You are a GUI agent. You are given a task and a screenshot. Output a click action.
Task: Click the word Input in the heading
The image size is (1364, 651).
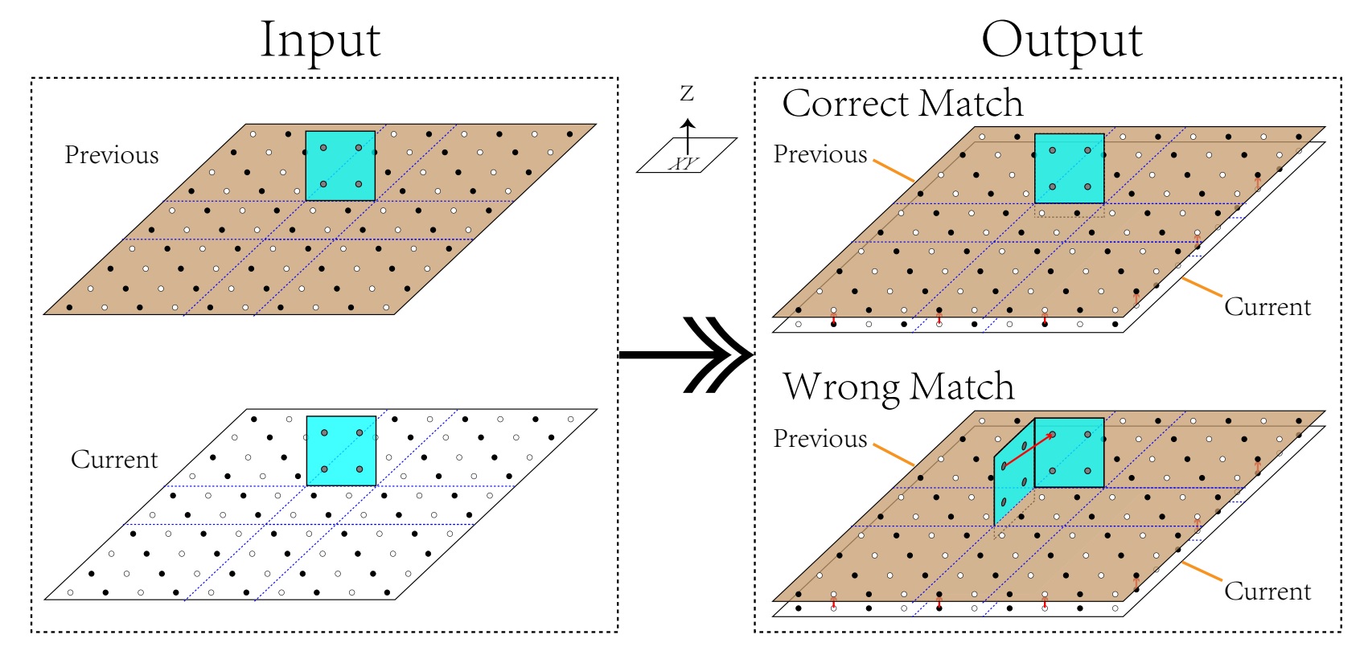[x=320, y=40]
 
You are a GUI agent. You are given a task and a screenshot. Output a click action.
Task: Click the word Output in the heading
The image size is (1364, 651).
[x=1061, y=40]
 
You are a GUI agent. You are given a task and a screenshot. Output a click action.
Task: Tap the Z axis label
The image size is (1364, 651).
[x=687, y=94]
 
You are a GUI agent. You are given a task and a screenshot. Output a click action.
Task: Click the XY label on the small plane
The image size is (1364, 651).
[x=684, y=163]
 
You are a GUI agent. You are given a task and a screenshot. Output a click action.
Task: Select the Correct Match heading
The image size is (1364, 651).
[x=902, y=104]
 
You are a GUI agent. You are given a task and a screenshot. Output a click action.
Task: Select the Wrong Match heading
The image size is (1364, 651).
[x=898, y=387]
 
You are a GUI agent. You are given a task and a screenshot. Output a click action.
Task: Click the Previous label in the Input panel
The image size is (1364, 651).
[x=112, y=155]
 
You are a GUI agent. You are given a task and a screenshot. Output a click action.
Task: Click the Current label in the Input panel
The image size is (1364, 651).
[x=114, y=460]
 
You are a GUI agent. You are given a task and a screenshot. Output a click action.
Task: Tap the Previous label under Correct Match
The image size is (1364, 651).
[x=820, y=154]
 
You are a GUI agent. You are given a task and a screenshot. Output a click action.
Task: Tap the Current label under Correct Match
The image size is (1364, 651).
[x=1267, y=307]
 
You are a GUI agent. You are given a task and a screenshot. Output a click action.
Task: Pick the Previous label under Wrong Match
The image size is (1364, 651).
[x=820, y=439]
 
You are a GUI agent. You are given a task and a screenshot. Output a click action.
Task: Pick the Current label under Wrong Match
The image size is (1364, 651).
[x=1267, y=592]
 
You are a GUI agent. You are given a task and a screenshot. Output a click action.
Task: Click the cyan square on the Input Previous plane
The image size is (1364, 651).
[x=340, y=166]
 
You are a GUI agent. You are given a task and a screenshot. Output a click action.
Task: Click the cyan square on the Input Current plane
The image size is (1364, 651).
[x=341, y=450]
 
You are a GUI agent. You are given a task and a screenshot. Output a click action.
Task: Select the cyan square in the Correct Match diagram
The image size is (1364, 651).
[x=1069, y=168]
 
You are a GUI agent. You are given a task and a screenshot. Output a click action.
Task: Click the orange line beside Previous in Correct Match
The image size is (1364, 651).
[x=894, y=170]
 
